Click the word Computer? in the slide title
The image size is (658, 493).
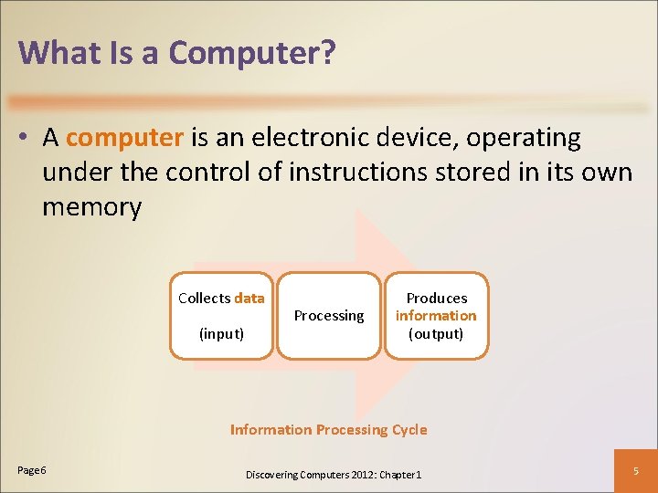point(252,53)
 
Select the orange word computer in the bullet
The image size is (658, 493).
point(125,138)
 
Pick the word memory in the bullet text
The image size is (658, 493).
point(91,207)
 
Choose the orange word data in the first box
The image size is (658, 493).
point(249,298)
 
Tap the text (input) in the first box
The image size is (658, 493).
point(221,333)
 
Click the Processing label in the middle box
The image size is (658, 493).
point(329,316)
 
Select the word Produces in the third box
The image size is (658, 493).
point(436,299)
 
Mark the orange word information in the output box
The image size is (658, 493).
point(436,316)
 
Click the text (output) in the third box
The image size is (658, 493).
point(436,333)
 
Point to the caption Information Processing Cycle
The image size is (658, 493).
point(328,429)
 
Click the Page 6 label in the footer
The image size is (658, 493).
point(32,469)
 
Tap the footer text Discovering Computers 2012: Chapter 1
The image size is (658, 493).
point(334,475)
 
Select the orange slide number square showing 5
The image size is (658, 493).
point(637,470)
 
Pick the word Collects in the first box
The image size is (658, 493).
point(205,298)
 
